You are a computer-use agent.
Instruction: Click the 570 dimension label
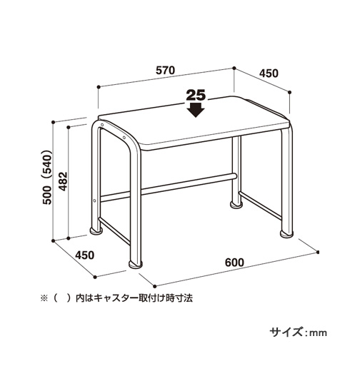[x=166, y=70]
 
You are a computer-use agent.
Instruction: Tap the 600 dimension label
[x=234, y=263]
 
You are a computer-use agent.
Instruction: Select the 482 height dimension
[x=63, y=181]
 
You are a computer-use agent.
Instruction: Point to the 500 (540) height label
[x=47, y=178]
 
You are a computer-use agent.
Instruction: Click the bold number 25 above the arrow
[x=196, y=96]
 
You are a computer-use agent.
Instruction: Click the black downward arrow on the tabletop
[x=196, y=110]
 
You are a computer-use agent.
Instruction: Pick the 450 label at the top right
[x=269, y=73]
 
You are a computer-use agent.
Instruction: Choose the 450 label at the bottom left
[x=85, y=255]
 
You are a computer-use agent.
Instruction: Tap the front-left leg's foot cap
[x=136, y=265]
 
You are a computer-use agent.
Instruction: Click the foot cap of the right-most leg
[x=286, y=234]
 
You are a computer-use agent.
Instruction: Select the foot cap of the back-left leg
[x=96, y=231]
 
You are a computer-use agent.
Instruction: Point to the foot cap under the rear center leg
[x=236, y=205]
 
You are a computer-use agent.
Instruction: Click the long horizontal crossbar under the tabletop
[x=169, y=187]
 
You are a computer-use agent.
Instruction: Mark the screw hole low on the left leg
[x=94, y=200]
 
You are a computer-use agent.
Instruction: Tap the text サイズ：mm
[x=299, y=332]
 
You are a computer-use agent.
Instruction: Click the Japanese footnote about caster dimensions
[x=116, y=298]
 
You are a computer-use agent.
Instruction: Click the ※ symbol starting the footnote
[x=44, y=298]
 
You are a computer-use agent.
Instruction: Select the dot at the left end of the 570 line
[x=99, y=87]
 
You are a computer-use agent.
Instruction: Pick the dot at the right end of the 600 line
[x=318, y=253]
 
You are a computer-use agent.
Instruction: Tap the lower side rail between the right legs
[x=260, y=205]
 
